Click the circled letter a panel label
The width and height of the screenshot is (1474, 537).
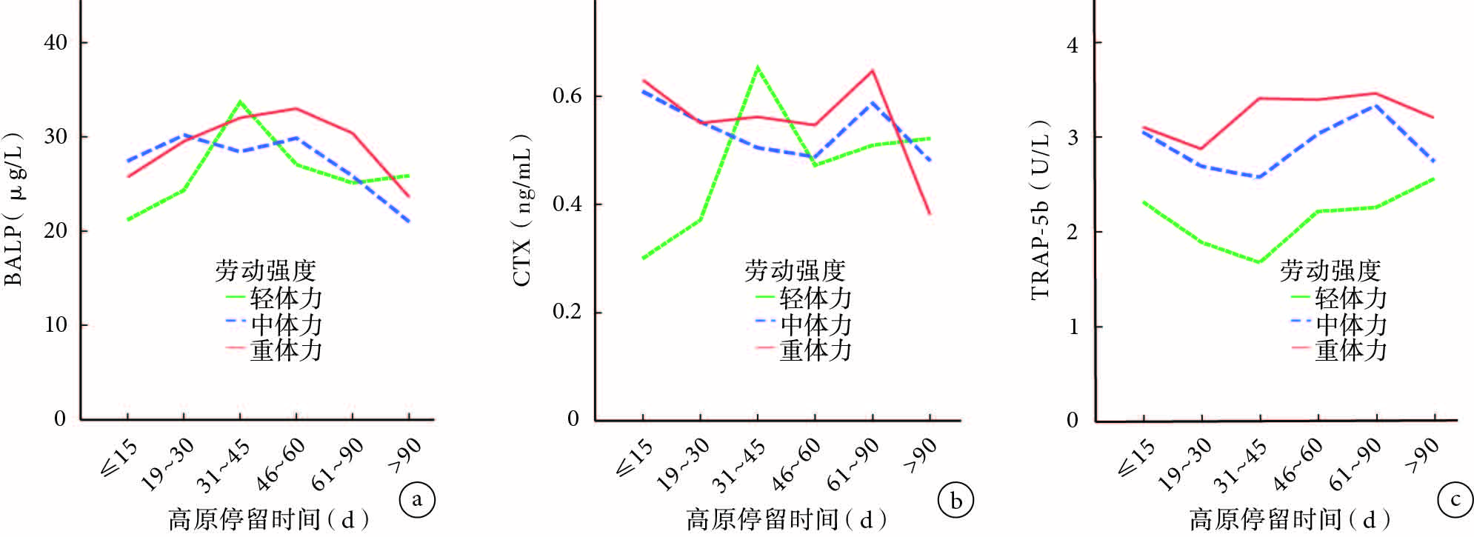click(417, 500)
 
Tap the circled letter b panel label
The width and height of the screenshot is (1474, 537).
click(956, 501)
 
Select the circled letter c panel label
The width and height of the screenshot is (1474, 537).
click(1455, 500)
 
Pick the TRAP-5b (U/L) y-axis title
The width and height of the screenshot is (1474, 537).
click(1041, 210)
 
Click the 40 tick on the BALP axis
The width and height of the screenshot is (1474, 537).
click(56, 42)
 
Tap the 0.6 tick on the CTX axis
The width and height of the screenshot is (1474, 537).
click(567, 96)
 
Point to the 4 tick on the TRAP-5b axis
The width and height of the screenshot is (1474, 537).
click(1073, 44)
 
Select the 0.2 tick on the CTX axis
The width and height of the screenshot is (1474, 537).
click(567, 311)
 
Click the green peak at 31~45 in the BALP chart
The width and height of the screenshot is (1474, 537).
click(239, 101)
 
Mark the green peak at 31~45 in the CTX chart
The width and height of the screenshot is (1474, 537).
click(758, 67)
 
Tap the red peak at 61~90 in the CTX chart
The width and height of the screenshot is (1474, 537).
click(873, 70)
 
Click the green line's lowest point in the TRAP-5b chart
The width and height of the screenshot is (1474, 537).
click(1259, 261)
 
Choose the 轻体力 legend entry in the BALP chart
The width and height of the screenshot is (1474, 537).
click(274, 298)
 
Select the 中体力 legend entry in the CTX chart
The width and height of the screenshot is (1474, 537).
click(804, 324)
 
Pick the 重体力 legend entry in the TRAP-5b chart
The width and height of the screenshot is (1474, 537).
click(1339, 349)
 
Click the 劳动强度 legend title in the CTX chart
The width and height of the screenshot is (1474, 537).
click(794, 270)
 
